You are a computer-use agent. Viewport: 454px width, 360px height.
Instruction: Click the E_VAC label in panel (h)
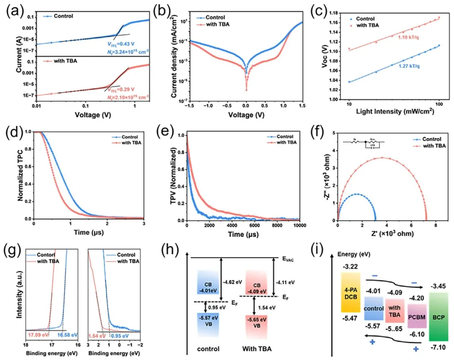289,259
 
